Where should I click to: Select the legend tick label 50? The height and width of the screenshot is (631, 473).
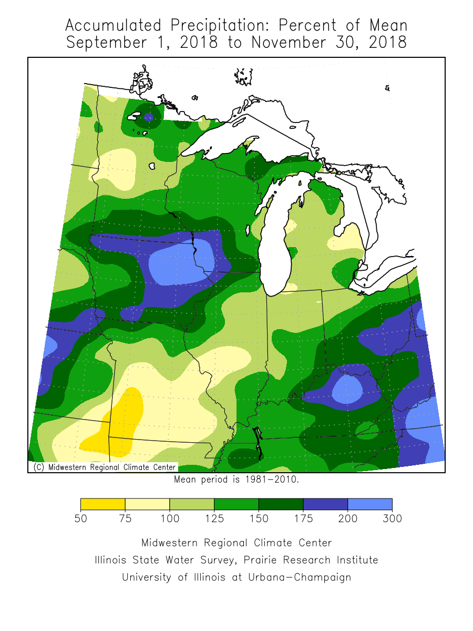pyautogui.click(x=80, y=518)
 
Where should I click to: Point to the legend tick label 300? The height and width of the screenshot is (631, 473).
pyautogui.click(x=392, y=518)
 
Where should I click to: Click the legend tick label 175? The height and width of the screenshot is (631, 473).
pyautogui.click(x=303, y=518)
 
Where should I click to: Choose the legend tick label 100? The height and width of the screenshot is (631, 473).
pyautogui.click(x=169, y=518)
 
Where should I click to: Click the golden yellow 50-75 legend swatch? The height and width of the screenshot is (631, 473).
pyautogui.click(x=102, y=504)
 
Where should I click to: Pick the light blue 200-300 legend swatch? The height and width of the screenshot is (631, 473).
pyautogui.click(x=370, y=504)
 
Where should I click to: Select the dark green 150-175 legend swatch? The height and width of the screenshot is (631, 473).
pyautogui.click(x=281, y=504)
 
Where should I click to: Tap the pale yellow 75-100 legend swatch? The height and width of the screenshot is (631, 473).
pyautogui.click(x=147, y=504)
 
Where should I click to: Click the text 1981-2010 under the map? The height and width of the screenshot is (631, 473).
pyautogui.click(x=273, y=480)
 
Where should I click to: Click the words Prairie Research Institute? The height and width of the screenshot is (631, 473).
pyautogui.click(x=315, y=560)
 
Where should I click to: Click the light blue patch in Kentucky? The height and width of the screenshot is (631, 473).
pyautogui.click(x=347, y=389)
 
